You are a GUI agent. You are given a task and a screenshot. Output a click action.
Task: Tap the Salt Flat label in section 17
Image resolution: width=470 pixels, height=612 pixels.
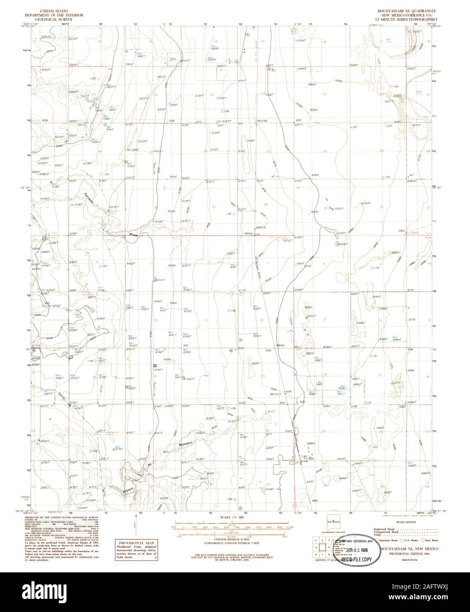[389, 41]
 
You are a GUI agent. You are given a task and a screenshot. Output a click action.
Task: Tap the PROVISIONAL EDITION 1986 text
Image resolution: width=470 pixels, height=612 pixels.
[402, 554]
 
